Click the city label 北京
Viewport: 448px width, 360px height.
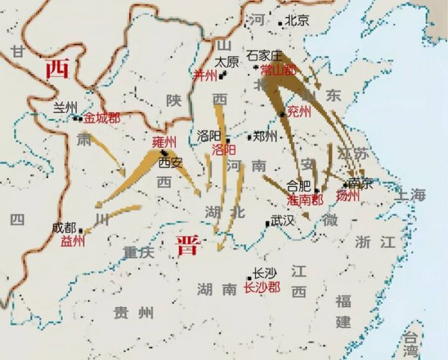(x=297, y=21)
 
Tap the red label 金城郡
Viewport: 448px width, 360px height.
(x=101, y=118)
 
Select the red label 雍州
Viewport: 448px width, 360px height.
(x=164, y=141)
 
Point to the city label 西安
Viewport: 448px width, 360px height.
(x=170, y=161)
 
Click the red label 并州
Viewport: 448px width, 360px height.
(x=205, y=75)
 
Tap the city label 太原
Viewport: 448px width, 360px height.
(x=227, y=62)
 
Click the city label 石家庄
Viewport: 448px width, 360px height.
(x=267, y=55)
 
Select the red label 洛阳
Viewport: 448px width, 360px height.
(x=223, y=149)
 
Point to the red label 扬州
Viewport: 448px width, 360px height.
(x=348, y=196)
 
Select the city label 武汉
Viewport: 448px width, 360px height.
(x=283, y=221)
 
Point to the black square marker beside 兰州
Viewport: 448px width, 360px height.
(x=77, y=117)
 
